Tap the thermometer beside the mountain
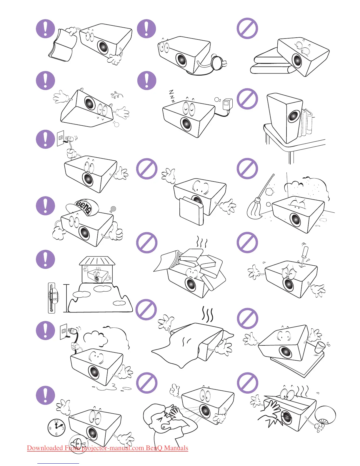pos(52,298)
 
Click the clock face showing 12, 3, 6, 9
pos(56,427)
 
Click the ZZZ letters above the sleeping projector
pos(172,96)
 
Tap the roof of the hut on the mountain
pos(97,260)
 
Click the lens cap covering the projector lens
pos(191,210)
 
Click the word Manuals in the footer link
pos(176,448)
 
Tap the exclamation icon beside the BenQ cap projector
pos(46,205)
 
